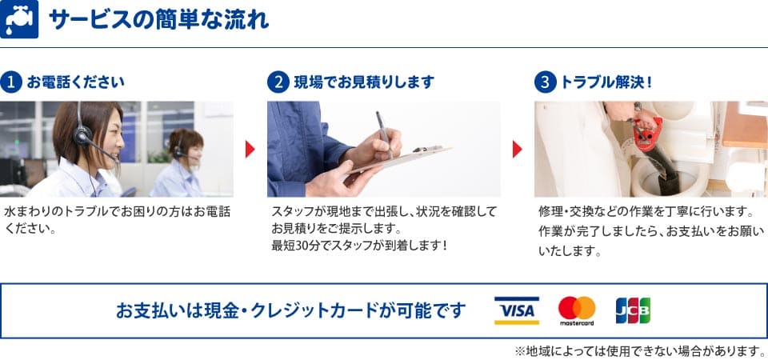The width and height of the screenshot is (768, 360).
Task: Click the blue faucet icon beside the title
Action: tap(19, 19)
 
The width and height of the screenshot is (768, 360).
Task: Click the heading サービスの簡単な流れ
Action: tap(158, 20)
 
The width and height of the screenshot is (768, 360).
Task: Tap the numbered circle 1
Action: tap(10, 82)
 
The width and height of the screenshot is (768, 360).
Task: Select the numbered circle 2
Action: tap(278, 82)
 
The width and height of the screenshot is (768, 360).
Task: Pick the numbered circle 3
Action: tap(545, 82)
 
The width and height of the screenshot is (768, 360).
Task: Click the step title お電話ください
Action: tap(75, 82)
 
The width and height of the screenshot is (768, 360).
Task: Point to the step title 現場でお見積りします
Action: tap(364, 82)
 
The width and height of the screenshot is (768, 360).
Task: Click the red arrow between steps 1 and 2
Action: tap(250, 149)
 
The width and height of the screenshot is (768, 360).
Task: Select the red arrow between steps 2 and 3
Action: tap(518, 149)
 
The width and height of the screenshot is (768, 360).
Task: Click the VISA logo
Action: tap(516, 310)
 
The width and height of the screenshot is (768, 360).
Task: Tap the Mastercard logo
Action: tap(577, 311)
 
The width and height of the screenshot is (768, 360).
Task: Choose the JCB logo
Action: tap(633, 310)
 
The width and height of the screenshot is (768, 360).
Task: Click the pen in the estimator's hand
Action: tap(385, 134)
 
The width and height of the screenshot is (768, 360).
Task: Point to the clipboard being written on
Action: tap(398, 160)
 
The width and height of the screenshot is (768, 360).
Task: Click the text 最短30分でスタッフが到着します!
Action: tap(359, 246)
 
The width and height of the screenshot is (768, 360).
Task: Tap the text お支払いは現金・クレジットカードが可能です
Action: tap(291, 310)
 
